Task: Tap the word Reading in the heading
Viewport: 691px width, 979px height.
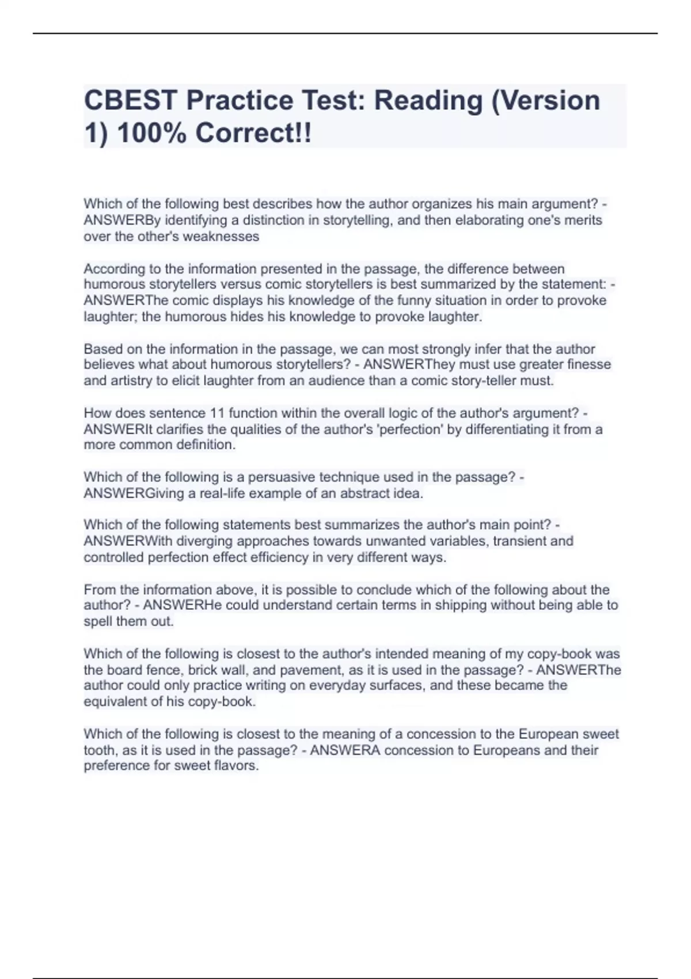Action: coord(428,100)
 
